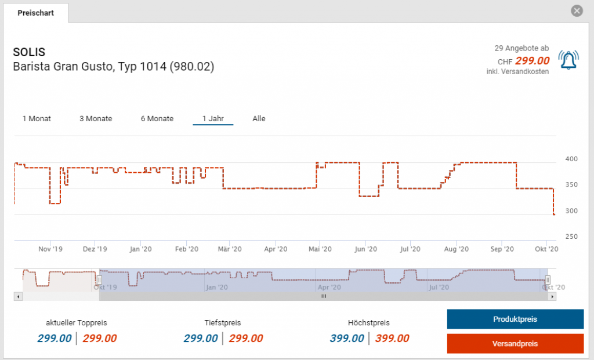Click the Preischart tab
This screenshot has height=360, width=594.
coord(36,13)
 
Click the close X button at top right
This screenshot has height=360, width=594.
coord(576,11)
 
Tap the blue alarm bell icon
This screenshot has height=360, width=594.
coord(568,60)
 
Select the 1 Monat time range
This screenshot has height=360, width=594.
coord(37,118)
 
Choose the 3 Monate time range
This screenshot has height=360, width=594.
coord(96,118)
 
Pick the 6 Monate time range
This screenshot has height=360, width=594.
coord(157,118)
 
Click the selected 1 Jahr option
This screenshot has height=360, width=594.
coord(213,118)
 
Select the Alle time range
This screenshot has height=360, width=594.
coord(259,118)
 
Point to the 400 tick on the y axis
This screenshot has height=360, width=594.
coord(571,159)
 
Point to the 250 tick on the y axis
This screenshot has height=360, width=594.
coord(571,237)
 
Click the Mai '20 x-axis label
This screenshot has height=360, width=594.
coord(320,249)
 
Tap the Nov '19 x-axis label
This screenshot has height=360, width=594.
coord(50,249)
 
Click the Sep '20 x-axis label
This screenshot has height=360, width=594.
coord(502,249)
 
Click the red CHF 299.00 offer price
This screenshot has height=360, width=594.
coord(533,61)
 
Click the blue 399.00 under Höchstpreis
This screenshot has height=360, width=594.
coord(347,339)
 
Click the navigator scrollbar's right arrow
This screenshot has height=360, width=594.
coord(552,296)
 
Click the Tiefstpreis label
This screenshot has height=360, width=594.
coord(223,323)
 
